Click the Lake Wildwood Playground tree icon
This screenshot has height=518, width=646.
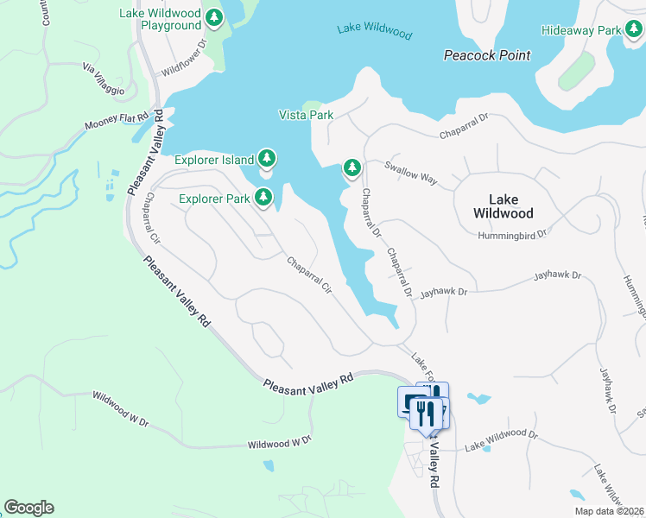(213, 19)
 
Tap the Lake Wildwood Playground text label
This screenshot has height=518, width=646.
(160, 19)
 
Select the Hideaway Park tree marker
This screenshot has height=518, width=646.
(634, 30)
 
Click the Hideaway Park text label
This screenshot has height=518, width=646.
(581, 30)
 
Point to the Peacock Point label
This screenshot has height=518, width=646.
(486, 55)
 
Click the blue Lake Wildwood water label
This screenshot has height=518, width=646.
(374, 31)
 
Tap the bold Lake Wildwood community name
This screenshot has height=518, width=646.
(503, 205)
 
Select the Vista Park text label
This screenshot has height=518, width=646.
(306, 115)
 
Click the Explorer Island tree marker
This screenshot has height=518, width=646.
(268, 159)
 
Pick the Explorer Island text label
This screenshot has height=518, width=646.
(214, 160)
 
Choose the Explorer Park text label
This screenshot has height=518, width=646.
(214, 199)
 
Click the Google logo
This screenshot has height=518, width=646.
(28, 508)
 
